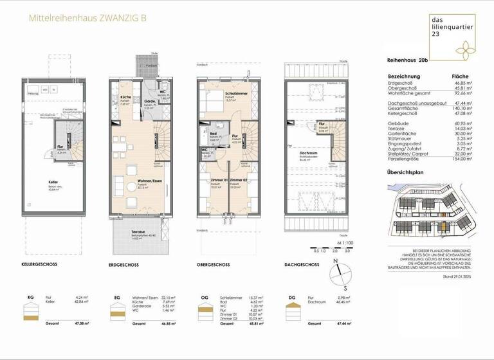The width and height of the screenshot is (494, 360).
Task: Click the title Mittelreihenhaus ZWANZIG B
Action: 87,18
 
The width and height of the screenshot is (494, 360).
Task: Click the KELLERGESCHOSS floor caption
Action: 40,265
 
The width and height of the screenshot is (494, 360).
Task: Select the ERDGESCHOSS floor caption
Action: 125,265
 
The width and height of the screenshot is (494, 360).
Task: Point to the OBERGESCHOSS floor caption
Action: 214,265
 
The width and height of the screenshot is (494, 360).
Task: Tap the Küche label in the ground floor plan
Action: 126,97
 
